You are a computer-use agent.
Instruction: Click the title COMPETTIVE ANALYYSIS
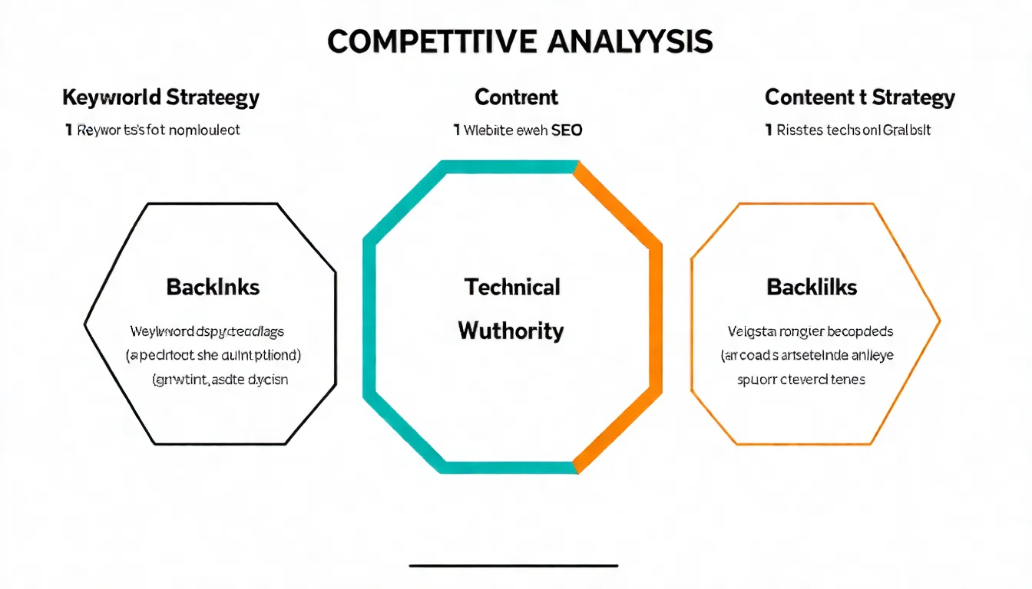(520, 41)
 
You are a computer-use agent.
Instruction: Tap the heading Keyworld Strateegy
(160, 98)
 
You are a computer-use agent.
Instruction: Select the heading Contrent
(517, 97)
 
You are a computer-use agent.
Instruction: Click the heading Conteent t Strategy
(860, 98)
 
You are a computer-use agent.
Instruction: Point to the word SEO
(567, 130)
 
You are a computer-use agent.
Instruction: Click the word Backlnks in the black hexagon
(213, 288)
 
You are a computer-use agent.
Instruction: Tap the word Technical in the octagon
(512, 288)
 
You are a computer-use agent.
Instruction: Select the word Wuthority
(511, 331)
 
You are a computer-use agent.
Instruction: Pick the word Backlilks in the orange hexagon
(812, 288)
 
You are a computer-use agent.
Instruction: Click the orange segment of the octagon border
(654, 314)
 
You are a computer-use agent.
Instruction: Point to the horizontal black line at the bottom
(514, 566)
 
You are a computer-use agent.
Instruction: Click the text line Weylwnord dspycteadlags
(207, 332)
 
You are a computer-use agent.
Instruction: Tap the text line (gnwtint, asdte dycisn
(220, 379)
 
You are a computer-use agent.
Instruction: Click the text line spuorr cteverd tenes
(801, 379)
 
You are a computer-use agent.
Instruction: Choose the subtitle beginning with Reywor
(153, 130)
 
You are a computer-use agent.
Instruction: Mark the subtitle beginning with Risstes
(848, 130)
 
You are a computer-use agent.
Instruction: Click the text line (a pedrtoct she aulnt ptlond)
(213, 356)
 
